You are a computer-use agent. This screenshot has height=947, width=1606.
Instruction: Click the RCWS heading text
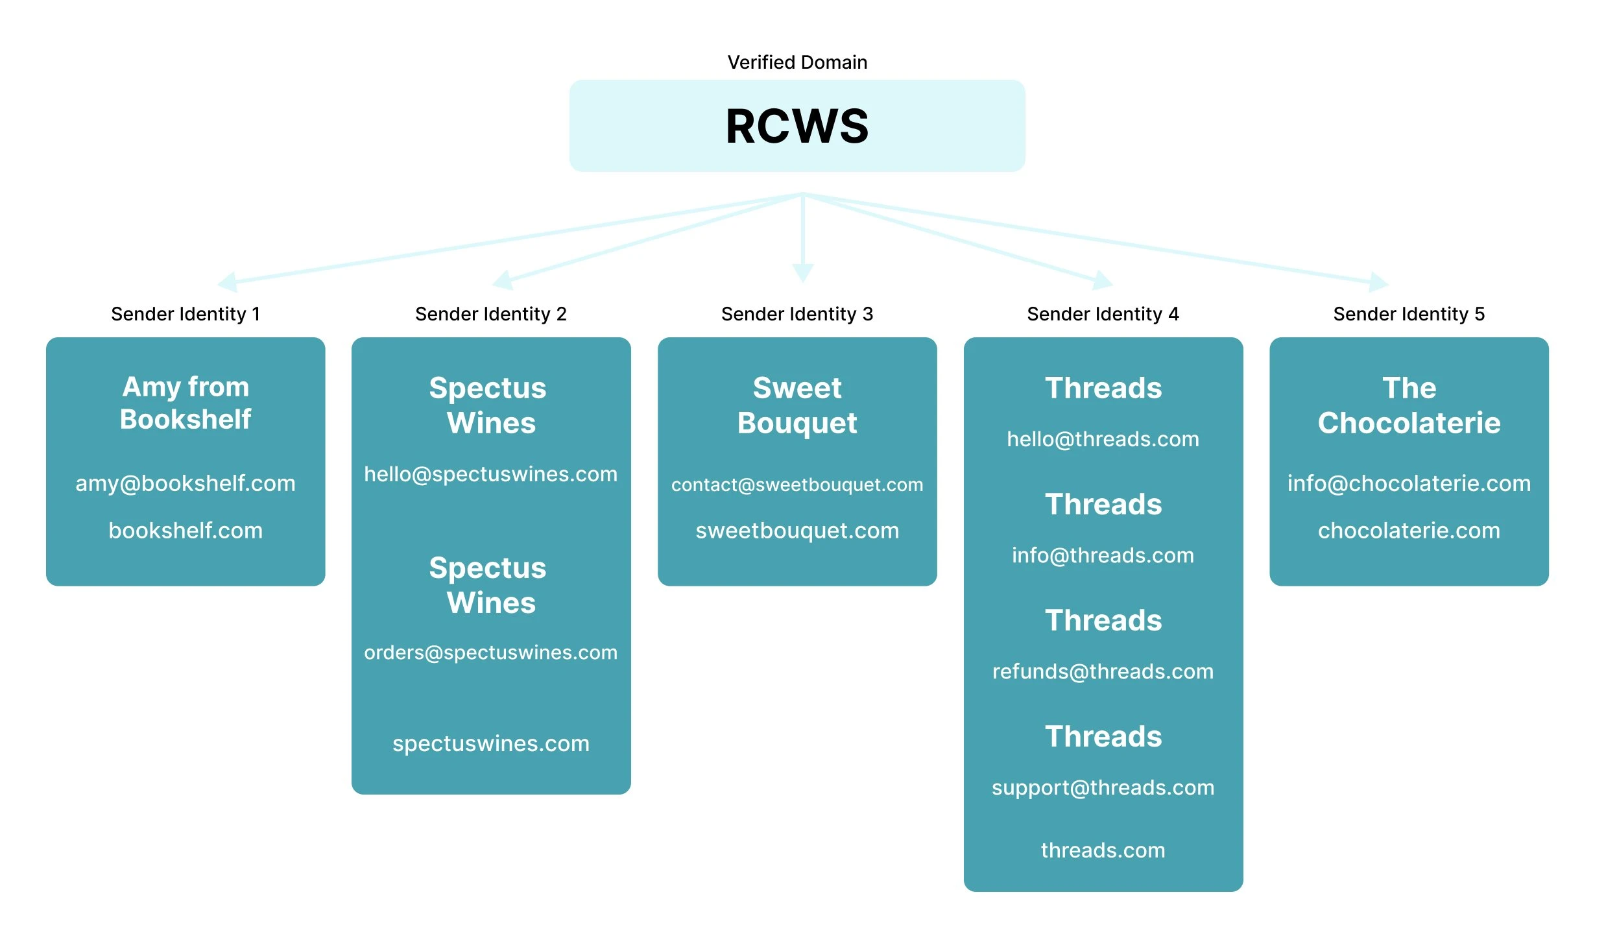[x=797, y=126]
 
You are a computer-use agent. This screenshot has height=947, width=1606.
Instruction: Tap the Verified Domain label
[x=797, y=62]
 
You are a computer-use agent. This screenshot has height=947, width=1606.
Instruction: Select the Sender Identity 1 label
[x=186, y=314]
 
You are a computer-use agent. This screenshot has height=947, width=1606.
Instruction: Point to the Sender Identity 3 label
[x=797, y=314]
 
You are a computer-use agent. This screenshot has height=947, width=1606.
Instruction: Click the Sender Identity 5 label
[x=1408, y=314]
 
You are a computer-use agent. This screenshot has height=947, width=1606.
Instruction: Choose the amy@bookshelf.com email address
[x=186, y=483]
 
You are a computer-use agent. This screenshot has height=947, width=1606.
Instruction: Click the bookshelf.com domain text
[x=186, y=531]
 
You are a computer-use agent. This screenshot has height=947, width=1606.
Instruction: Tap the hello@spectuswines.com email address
[x=490, y=474]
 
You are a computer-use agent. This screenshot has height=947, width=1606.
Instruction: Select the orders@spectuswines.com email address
[x=490, y=652]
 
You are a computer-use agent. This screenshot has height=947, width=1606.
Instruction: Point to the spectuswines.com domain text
[x=490, y=743]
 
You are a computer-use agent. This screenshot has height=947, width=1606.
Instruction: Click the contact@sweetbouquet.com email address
[x=797, y=485]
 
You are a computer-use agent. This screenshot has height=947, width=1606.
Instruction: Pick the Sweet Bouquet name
[x=797, y=405]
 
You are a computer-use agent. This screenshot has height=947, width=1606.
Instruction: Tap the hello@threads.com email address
[x=1103, y=439]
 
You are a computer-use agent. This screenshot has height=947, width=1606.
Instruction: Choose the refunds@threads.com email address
[x=1103, y=671]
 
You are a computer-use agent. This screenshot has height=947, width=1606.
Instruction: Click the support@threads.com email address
[x=1103, y=787]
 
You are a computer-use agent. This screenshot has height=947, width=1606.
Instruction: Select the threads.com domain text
[x=1103, y=850]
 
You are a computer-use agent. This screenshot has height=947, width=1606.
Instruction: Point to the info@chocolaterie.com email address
[x=1408, y=483]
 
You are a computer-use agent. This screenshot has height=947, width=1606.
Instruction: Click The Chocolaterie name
[x=1408, y=405]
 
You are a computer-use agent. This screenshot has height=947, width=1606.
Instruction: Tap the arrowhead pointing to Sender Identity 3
[x=802, y=273]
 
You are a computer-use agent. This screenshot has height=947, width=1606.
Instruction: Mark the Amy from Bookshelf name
[x=186, y=403]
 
